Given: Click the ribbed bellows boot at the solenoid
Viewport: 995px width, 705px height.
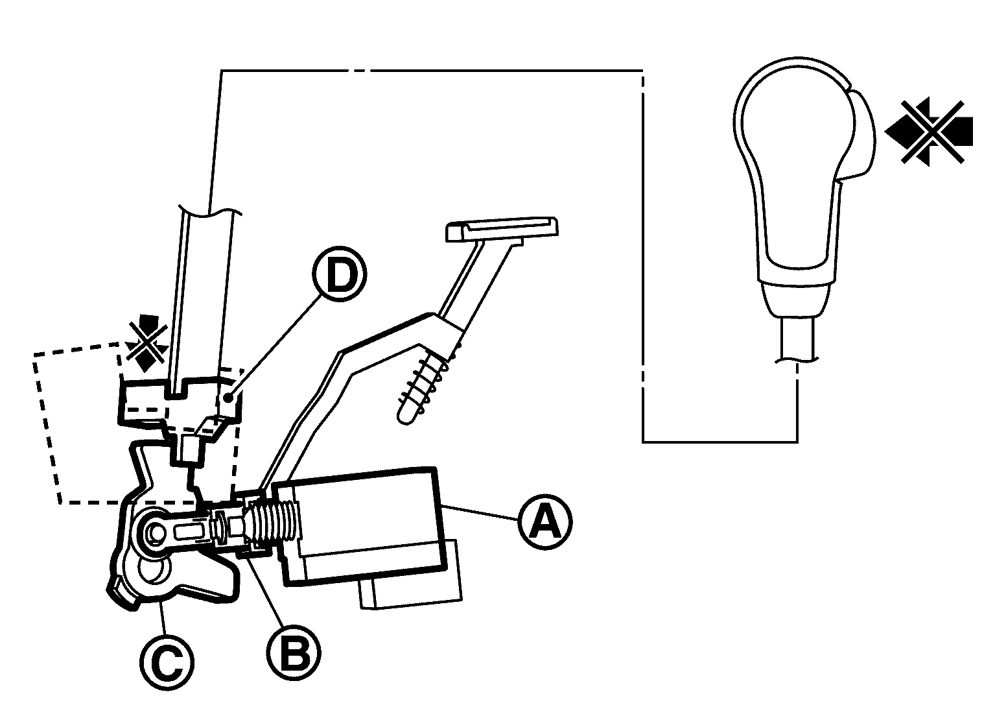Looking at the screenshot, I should [275, 523].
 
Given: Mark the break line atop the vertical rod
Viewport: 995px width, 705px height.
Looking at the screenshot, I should [211, 211].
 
